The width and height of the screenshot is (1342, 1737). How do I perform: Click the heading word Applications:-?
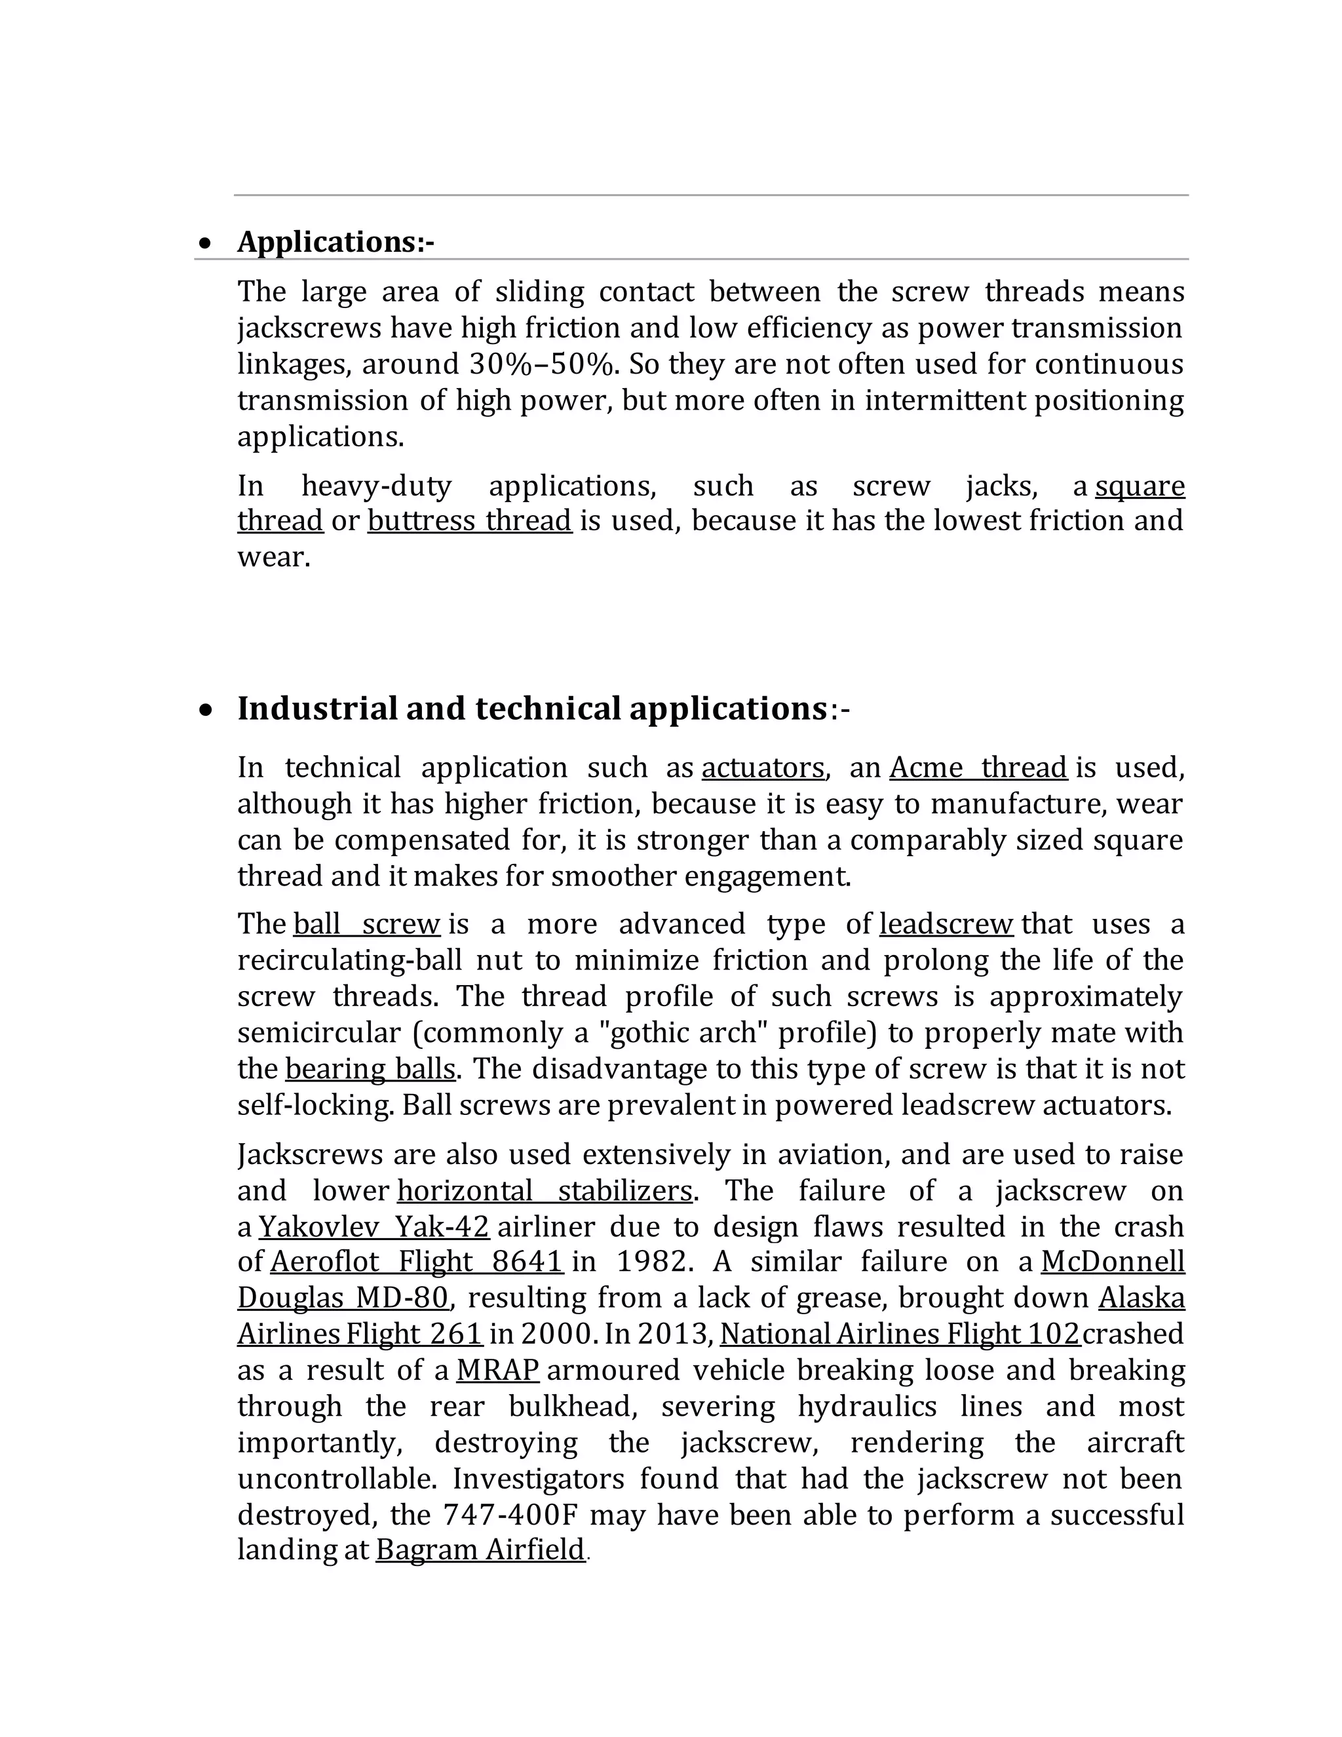click(335, 242)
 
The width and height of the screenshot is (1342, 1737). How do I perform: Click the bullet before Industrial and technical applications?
click(206, 711)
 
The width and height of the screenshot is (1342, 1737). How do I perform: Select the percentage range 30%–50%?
click(542, 364)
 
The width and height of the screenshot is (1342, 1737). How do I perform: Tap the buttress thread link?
click(469, 521)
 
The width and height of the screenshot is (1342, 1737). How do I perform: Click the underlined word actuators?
click(763, 768)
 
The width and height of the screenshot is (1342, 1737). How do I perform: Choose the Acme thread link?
click(978, 768)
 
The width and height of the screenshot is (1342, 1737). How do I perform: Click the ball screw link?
click(366, 924)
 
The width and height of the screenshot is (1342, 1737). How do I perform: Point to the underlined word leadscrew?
click(946, 924)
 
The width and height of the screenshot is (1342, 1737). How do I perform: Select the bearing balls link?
click(370, 1069)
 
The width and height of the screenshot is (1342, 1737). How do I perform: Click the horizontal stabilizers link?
click(545, 1190)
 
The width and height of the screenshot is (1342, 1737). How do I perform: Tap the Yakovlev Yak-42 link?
click(374, 1227)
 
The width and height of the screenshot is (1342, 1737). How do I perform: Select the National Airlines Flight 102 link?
click(900, 1334)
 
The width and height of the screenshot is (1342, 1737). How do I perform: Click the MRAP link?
click(498, 1371)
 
